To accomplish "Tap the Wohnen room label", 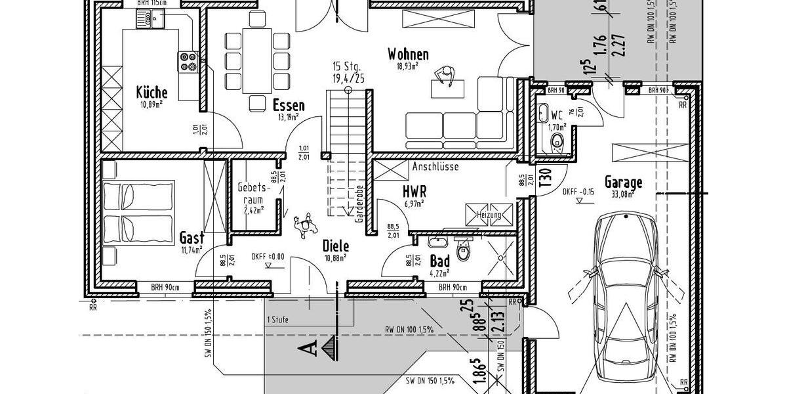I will point(407,54).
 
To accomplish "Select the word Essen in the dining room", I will point(289,105).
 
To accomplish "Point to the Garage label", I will point(623,183).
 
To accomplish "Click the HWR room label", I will point(414,191).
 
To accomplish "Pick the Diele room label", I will point(336,246).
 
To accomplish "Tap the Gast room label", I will point(192,238).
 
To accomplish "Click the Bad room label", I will point(439,261).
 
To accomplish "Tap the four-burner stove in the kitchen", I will point(188,61).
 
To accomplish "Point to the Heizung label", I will point(489,215).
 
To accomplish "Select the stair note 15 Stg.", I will point(348,66).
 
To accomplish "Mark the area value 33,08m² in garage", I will point(623,194).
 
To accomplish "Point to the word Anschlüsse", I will point(435,167).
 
